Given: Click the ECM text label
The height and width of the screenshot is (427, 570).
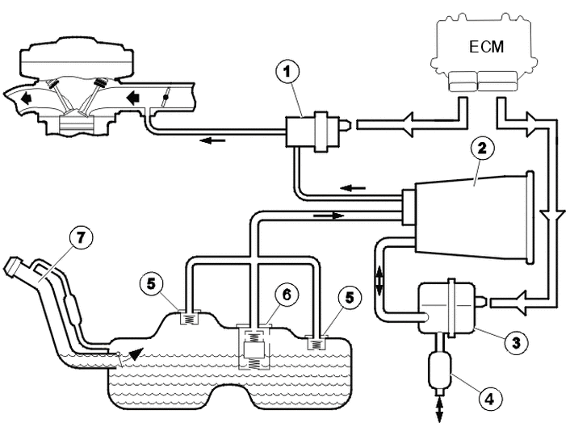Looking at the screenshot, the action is [x=486, y=47].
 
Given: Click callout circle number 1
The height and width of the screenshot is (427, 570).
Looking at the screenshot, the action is [x=287, y=72].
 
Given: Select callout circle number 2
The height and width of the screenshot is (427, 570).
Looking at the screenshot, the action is [x=482, y=149].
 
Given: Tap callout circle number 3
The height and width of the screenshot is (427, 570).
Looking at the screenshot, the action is [x=516, y=342].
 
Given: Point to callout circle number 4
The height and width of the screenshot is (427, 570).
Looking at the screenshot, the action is [x=490, y=399].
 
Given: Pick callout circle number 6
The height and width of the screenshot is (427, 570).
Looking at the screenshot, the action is [x=287, y=295].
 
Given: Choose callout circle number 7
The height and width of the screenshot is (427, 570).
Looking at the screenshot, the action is [x=81, y=237].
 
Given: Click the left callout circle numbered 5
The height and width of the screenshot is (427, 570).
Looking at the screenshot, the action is [x=151, y=283].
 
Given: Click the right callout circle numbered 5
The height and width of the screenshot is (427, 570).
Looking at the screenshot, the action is [x=349, y=297].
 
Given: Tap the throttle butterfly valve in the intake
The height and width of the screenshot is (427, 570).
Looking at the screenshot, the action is [x=166, y=97].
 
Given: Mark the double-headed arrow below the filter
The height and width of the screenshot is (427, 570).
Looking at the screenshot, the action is [x=439, y=410].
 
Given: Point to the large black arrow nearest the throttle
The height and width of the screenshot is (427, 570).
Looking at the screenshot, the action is [x=133, y=98].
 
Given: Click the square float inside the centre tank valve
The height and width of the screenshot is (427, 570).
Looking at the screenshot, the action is [x=253, y=350].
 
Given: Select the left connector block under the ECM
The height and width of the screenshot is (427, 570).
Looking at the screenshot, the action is [x=463, y=81].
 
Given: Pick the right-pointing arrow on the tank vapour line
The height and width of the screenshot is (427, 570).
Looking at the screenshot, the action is [x=329, y=216].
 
